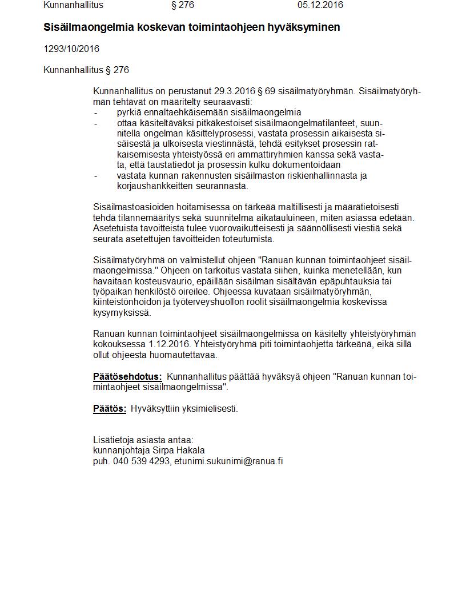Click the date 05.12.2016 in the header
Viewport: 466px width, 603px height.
pos(320,5)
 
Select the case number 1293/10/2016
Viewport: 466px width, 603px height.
pos(71,49)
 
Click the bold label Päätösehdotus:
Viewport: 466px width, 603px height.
pos(127,377)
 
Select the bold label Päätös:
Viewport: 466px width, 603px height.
pos(110,409)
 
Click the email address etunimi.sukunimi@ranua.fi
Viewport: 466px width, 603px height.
pos(228,461)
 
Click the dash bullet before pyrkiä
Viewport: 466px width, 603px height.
pos(95,112)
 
